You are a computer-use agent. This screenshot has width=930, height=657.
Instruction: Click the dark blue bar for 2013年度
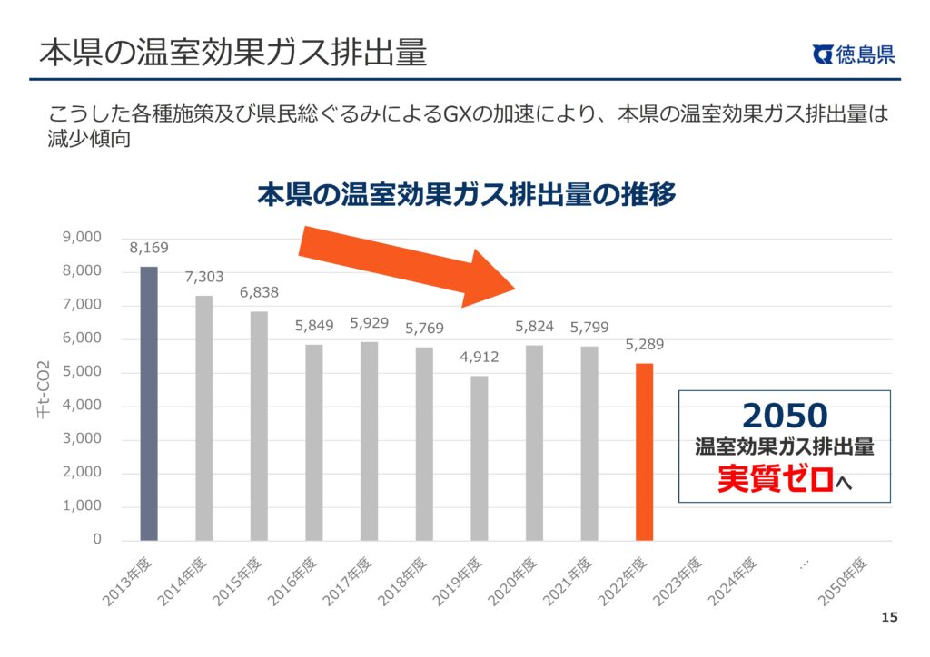(x=149, y=404)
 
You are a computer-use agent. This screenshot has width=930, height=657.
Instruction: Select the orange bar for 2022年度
(x=644, y=451)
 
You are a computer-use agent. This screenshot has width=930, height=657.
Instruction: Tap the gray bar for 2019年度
(x=479, y=457)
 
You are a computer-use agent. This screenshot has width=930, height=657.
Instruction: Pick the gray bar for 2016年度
(x=313, y=442)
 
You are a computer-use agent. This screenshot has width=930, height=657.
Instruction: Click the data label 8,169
(x=149, y=248)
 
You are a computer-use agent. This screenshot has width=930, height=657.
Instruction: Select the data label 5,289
(x=644, y=345)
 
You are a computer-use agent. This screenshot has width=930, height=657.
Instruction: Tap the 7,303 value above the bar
(x=204, y=277)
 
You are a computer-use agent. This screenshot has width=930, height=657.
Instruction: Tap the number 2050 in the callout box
(x=785, y=416)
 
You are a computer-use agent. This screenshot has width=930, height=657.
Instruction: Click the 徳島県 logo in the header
(x=854, y=54)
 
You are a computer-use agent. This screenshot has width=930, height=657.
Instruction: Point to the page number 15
(x=889, y=618)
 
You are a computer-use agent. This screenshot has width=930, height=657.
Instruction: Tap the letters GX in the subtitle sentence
(x=455, y=115)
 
